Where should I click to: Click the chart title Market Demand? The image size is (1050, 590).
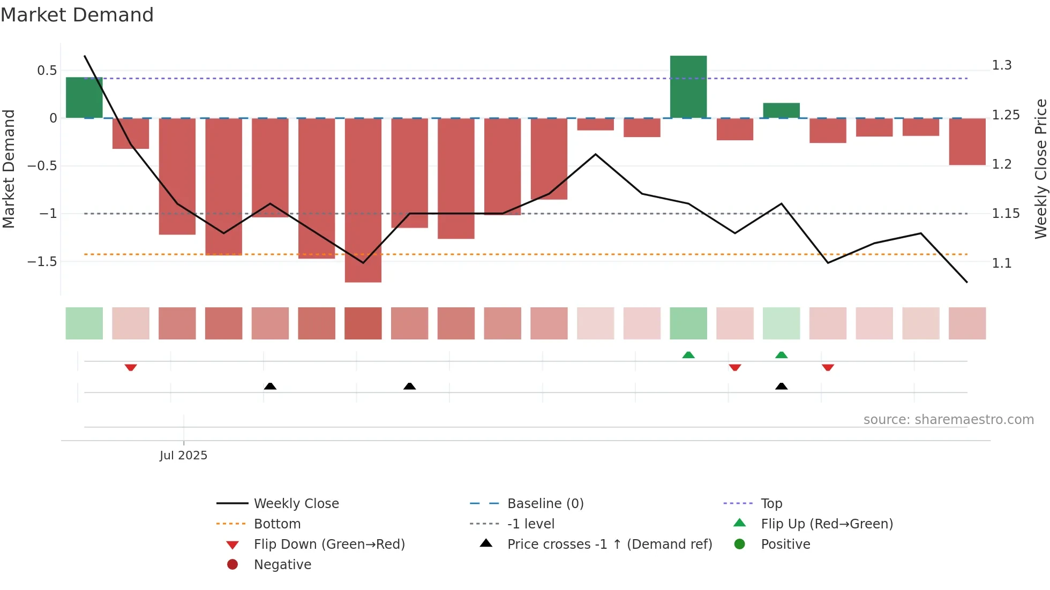(77, 15)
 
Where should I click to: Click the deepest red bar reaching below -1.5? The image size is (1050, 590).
(363, 200)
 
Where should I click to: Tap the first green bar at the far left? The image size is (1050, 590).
(84, 97)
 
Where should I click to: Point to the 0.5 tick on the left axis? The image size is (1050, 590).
(47, 70)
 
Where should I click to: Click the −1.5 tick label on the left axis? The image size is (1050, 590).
(42, 261)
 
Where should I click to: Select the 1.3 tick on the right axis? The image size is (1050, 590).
(1001, 65)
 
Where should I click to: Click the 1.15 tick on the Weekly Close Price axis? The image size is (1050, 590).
(1005, 214)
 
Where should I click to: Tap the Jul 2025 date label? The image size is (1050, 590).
(183, 455)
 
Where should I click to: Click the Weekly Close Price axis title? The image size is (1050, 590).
(1040, 169)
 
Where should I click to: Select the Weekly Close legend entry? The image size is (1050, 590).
(296, 503)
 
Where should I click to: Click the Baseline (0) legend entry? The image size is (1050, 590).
(545, 503)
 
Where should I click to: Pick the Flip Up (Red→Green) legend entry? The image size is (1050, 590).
(826, 524)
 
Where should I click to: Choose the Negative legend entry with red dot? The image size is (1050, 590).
(282, 564)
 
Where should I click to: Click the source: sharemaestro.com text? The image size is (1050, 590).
(948, 419)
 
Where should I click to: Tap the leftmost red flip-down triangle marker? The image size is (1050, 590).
(131, 367)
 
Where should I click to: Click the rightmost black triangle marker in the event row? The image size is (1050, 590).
(781, 386)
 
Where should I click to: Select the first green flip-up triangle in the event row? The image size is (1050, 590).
(688, 355)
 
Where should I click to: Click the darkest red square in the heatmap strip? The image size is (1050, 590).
(363, 323)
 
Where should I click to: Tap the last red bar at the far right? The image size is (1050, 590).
(967, 141)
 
